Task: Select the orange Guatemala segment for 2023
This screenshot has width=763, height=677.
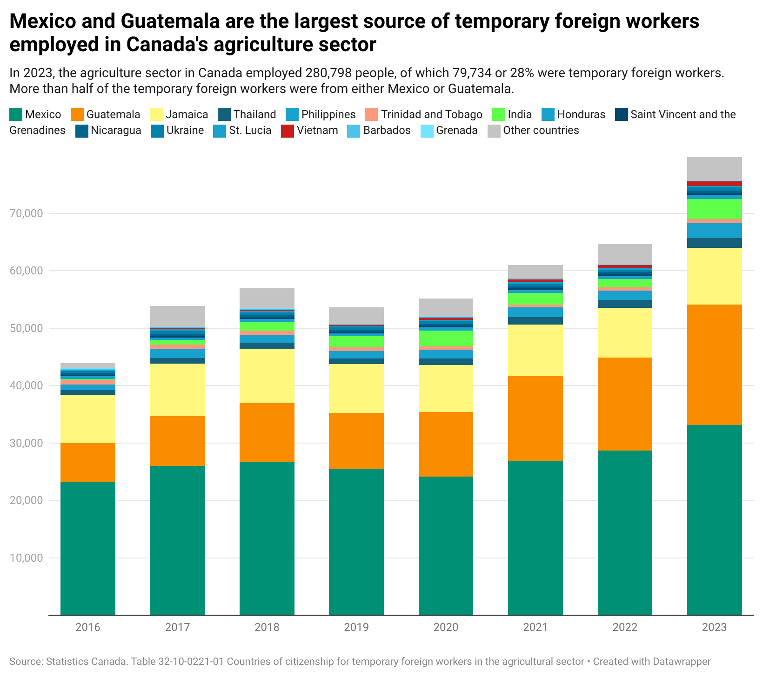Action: [714, 365]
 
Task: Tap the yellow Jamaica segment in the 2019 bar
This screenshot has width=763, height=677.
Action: [356, 388]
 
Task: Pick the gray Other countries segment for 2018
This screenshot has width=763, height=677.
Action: [267, 299]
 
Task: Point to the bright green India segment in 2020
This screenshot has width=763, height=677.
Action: [446, 338]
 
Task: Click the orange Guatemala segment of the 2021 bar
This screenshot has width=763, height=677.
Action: [535, 418]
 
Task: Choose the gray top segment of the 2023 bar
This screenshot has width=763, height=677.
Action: [714, 169]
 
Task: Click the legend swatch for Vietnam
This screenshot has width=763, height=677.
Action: [288, 131]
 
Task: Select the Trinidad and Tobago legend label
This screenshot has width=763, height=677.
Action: [431, 114]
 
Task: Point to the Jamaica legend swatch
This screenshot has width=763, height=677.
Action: [156, 114]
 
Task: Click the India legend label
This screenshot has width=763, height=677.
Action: [519, 114]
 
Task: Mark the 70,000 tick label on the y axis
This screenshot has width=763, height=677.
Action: [26, 213]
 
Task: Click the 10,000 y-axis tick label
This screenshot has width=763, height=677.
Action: [26, 558]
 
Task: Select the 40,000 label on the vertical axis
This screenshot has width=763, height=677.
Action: [26, 385]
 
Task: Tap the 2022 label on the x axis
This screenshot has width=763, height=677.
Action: [624, 627]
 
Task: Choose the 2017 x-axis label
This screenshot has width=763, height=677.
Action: [177, 627]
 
